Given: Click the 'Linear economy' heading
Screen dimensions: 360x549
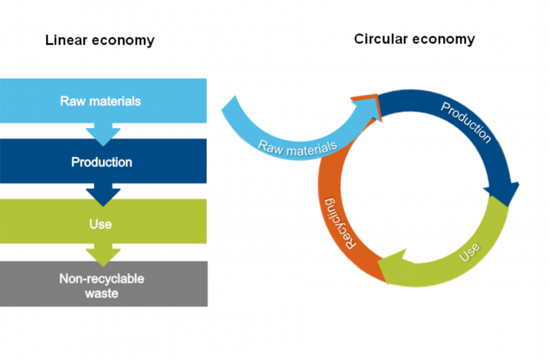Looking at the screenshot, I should [x=100, y=40].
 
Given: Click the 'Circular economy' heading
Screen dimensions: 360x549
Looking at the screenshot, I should [x=414, y=39].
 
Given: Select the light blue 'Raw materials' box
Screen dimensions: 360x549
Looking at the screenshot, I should [x=103, y=101].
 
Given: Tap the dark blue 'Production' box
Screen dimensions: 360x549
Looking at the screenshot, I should [x=103, y=161].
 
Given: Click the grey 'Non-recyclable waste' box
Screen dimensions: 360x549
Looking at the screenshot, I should [x=103, y=284].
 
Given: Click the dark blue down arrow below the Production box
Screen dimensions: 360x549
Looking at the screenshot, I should [x=103, y=194].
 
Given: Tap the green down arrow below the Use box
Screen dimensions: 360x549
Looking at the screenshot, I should [x=103, y=255].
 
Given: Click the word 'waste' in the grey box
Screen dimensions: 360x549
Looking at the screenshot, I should [x=103, y=293].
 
